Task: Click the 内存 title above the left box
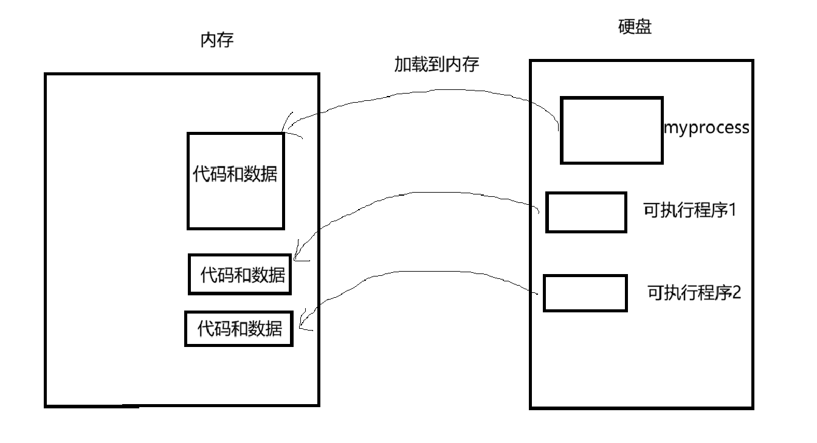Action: click(216, 41)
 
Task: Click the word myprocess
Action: click(706, 129)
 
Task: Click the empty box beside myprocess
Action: click(611, 130)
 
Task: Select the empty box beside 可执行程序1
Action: click(586, 212)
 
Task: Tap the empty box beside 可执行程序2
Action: click(585, 293)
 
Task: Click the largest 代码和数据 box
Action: click(235, 181)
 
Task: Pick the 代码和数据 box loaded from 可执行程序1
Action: click(240, 275)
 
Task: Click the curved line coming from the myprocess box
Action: click(426, 92)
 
